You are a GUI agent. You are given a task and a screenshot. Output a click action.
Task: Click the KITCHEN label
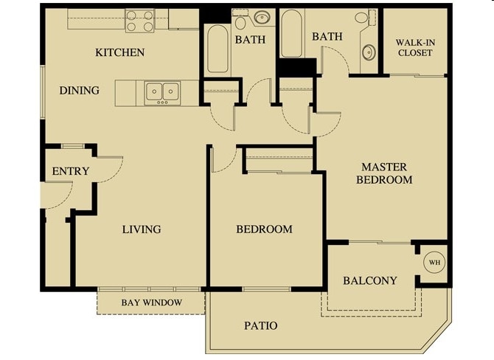(x=119, y=52)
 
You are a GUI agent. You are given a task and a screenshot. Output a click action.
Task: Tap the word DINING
(x=80, y=91)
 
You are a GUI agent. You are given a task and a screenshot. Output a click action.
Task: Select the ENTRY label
(x=71, y=171)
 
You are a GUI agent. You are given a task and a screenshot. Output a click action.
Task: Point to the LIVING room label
(x=141, y=229)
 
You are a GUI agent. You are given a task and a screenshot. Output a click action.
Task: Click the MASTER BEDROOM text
(x=384, y=173)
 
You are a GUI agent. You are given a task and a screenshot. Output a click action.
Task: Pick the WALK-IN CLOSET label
(x=415, y=47)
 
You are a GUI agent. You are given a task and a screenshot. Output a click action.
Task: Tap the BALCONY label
(x=370, y=280)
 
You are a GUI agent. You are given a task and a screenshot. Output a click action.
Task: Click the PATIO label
(x=260, y=325)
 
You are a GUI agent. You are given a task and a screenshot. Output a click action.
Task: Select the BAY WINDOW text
(x=151, y=302)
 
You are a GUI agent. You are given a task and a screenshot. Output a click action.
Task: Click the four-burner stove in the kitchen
(x=139, y=20)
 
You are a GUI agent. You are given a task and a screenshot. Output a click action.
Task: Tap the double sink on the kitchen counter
(x=162, y=91)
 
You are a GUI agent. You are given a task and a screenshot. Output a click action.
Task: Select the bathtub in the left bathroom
(x=218, y=49)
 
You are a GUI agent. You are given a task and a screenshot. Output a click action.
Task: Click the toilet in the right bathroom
(x=361, y=18)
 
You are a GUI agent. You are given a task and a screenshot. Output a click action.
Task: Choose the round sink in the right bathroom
(x=369, y=52)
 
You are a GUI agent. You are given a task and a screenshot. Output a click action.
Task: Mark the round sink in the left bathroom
(x=261, y=18)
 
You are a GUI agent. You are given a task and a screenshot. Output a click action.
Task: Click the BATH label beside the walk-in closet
(x=327, y=36)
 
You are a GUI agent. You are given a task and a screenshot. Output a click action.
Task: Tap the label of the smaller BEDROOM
(x=264, y=229)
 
